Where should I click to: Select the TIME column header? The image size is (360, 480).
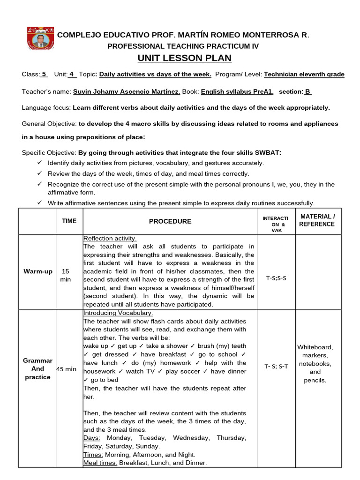pyautogui.click(x=69, y=221)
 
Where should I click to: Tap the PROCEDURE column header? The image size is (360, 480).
pyautogui.click(x=170, y=221)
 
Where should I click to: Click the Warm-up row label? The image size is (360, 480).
pyautogui.click(x=38, y=271)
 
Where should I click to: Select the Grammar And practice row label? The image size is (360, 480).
pyautogui.click(x=38, y=368)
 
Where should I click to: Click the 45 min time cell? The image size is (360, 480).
pyautogui.click(x=66, y=369)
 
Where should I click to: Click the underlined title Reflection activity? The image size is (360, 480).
pyautogui.click(x=110, y=238)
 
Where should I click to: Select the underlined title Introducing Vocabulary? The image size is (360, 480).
pyautogui.click(x=118, y=313)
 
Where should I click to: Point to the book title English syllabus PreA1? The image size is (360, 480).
pyautogui.click(x=237, y=91)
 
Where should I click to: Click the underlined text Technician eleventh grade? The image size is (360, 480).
pyautogui.click(x=304, y=74)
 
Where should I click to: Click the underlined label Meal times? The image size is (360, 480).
pyautogui.click(x=100, y=463)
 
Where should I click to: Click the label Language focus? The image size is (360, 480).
pyautogui.click(x=46, y=107)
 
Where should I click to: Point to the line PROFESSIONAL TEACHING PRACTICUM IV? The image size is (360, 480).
pyautogui.click(x=183, y=46)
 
